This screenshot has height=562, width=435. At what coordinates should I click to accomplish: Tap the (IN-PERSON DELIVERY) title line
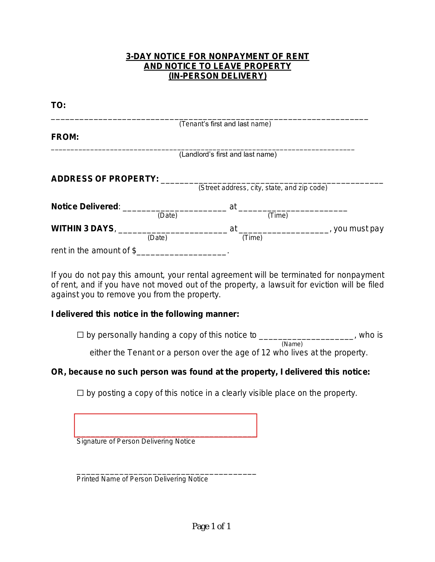pyautogui.click(x=217, y=76)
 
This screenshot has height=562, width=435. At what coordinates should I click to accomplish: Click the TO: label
pyautogui.click(x=58, y=105)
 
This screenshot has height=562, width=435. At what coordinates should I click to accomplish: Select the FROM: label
pyautogui.click(x=65, y=137)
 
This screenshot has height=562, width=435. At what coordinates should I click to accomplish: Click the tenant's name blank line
pyautogui.click(x=209, y=119)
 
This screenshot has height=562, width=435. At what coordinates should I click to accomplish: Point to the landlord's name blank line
pyautogui.click(x=203, y=150)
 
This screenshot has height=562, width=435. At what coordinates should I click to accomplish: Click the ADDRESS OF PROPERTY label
pyautogui.click(x=105, y=179)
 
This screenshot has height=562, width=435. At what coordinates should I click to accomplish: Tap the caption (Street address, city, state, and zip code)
pyautogui.click(x=263, y=188)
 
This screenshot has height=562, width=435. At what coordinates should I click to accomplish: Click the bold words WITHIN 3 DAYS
pyautogui.click(x=82, y=229)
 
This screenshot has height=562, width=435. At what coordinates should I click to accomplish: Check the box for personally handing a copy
pyautogui.click(x=80, y=335)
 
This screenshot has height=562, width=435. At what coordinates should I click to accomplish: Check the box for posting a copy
pyautogui.click(x=80, y=393)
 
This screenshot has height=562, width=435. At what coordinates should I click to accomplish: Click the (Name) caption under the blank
pyautogui.click(x=292, y=344)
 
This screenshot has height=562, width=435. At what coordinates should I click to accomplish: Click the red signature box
pyautogui.click(x=165, y=425)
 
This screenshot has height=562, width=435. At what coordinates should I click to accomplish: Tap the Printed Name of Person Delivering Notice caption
pyautogui.click(x=142, y=479)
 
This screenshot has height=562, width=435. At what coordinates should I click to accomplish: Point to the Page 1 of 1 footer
pyautogui.click(x=211, y=526)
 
